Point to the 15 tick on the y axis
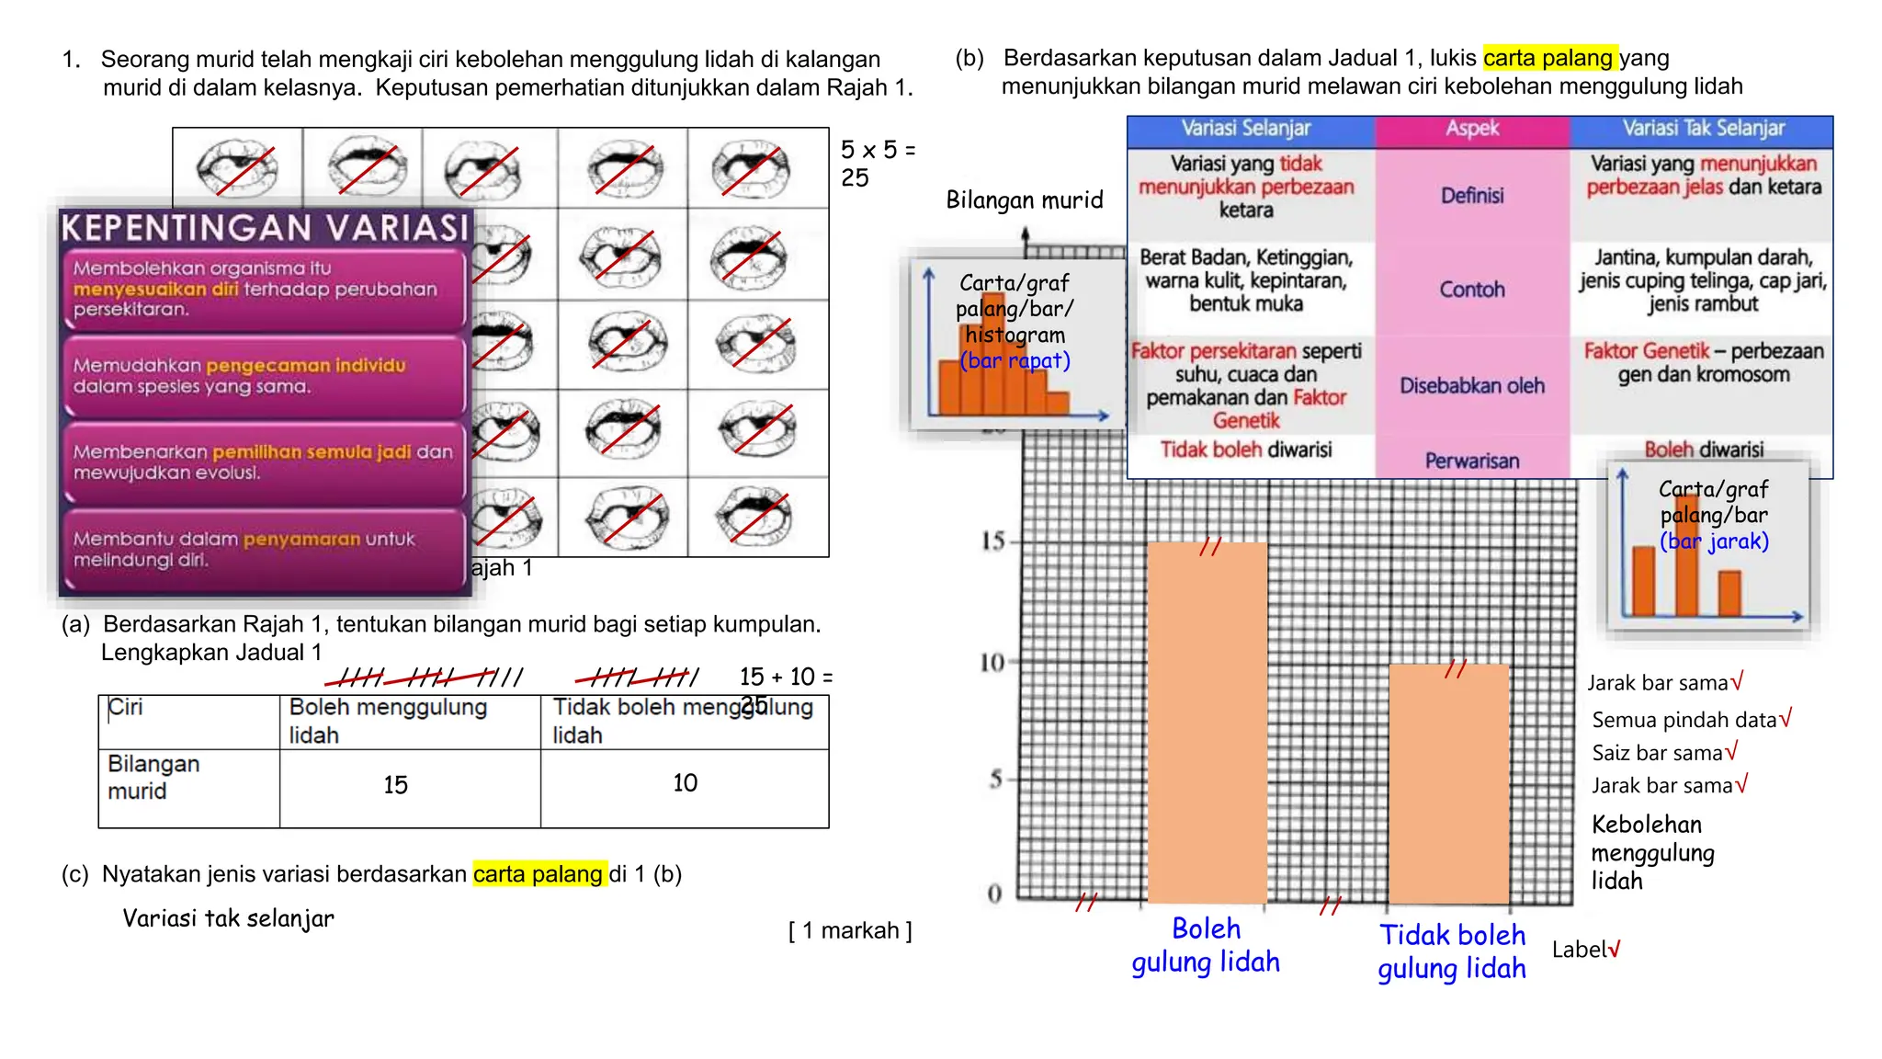(994, 541)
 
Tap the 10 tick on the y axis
(992, 662)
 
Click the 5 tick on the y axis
(996, 780)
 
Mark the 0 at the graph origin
(994, 893)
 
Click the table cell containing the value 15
(396, 785)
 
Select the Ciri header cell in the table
(188, 721)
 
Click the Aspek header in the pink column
(1472, 130)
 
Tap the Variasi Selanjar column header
(1246, 130)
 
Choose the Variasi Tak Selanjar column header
(1703, 130)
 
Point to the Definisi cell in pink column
(1472, 196)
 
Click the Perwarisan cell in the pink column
(1472, 461)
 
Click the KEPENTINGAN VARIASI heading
(266, 228)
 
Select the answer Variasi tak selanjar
(229, 917)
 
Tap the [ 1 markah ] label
(850, 931)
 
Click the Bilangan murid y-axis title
(1025, 200)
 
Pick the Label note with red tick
(1586, 950)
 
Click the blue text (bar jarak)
(1714, 541)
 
